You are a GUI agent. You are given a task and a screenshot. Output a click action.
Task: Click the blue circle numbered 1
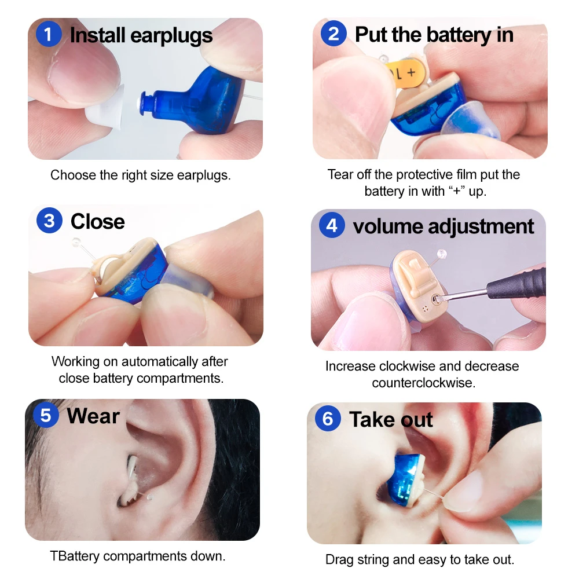[x=49, y=35]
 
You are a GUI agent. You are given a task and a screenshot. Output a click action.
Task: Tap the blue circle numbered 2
[x=334, y=34]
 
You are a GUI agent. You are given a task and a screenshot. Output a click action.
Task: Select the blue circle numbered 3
[x=49, y=221]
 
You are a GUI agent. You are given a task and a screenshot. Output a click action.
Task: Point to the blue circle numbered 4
[x=332, y=226]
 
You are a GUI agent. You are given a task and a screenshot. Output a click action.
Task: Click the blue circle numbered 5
[x=46, y=416]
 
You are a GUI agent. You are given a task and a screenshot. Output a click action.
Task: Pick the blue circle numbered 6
[x=328, y=419]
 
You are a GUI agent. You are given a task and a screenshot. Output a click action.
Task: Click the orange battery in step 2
[x=407, y=73]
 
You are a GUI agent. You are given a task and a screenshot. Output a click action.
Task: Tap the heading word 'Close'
[x=97, y=222]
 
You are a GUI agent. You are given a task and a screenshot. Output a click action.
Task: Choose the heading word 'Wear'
[x=93, y=416]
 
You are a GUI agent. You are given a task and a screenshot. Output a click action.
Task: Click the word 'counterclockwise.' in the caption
[x=423, y=383]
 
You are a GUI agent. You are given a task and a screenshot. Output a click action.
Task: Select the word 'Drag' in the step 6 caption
[x=339, y=560]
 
